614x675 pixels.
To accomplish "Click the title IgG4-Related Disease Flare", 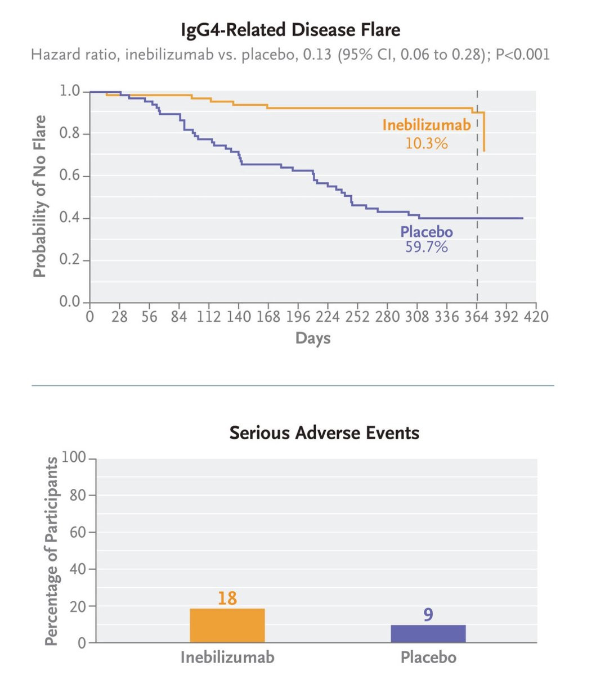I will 290,29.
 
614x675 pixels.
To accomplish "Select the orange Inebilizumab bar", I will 227,625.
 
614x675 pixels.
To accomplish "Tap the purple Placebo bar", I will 428,633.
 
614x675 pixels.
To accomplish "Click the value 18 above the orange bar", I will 227,598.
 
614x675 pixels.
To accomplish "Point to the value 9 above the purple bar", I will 428,614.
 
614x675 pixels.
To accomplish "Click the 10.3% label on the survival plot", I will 426,143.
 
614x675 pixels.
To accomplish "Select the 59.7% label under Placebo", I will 426,247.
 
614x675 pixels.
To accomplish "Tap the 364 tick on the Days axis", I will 477,317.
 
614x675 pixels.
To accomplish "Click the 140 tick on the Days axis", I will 239,317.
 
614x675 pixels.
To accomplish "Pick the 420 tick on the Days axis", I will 536,317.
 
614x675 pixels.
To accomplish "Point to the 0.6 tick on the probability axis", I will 70,176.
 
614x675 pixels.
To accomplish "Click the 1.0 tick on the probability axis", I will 70,91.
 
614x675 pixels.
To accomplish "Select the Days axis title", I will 313,338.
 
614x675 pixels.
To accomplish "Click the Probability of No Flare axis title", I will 39,196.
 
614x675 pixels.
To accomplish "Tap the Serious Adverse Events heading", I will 324,433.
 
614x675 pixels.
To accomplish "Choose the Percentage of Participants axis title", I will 51,551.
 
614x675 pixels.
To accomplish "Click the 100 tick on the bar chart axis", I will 73,458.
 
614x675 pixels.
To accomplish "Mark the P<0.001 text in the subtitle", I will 522,55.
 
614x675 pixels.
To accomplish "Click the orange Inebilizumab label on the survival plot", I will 426,125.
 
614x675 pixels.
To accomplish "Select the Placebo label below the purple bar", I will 428,657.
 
